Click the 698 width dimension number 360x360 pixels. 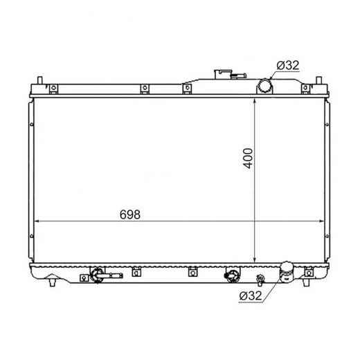click(x=130, y=215)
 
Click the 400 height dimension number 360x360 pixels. click(x=248, y=159)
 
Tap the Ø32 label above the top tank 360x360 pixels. click(x=288, y=65)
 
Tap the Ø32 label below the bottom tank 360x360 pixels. click(x=251, y=296)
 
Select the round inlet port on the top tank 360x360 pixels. click(x=264, y=85)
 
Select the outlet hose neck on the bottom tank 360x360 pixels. click(x=287, y=271)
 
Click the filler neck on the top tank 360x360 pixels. click(x=223, y=74)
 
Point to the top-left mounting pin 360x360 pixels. click(x=39, y=80)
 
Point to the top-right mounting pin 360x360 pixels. click(x=318, y=80)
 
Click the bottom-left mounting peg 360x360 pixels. click(x=53, y=282)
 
